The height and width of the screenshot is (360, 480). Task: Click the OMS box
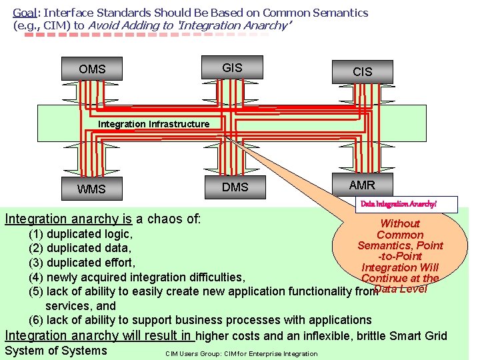point(92,69)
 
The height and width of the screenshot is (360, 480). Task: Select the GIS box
point(232,67)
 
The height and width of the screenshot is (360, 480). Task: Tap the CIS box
point(362,71)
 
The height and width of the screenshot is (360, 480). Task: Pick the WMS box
point(91,189)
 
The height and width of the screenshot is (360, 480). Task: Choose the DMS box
point(235,187)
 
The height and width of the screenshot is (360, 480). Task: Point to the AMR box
point(362,185)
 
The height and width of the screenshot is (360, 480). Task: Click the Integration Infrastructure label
point(153,124)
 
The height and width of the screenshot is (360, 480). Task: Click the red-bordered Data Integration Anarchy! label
point(407,203)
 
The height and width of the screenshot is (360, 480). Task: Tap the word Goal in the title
point(25,13)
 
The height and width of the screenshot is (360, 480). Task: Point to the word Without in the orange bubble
point(399,224)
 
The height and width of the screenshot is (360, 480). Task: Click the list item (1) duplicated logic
point(80,234)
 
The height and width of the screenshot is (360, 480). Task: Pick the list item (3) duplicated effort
point(81,263)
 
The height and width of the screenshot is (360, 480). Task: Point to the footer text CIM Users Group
point(193,353)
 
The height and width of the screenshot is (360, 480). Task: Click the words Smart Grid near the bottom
point(419,336)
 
